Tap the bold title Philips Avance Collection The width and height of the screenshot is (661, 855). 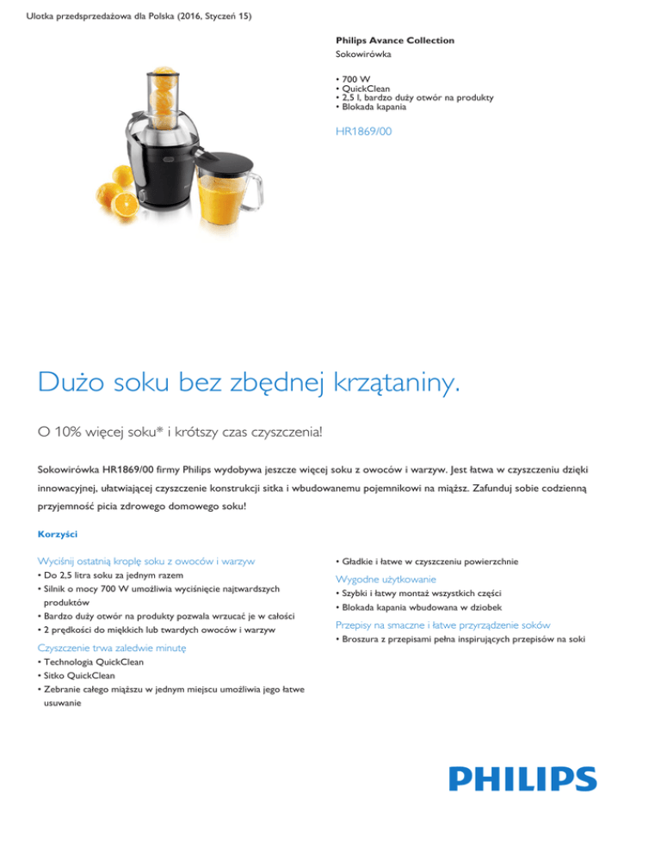click(x=395, y=40)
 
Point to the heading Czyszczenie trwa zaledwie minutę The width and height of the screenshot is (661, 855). click(x=119, y=646)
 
